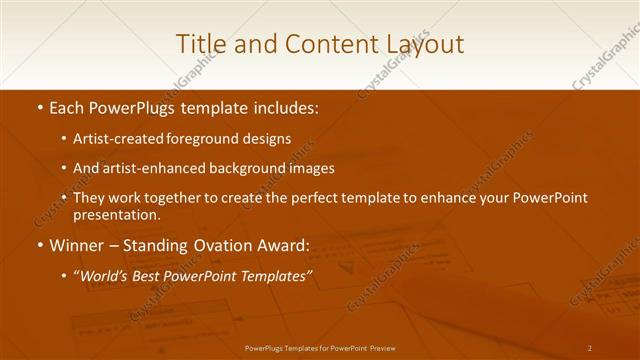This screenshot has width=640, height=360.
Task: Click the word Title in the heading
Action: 199,44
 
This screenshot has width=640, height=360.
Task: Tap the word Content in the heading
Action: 322,44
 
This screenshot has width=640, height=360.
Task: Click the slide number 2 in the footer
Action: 590,348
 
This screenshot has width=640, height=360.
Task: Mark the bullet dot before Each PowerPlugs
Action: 39,106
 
